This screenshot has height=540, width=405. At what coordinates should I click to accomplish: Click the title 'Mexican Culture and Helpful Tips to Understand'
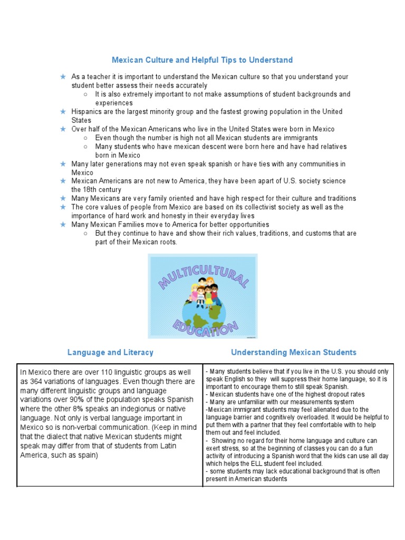(202, 60)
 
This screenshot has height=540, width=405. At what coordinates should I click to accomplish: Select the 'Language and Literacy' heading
(110, 352)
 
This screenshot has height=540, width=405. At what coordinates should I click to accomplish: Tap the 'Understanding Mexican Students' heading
(293, 352)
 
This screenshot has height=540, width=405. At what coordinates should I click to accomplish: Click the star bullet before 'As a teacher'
(63, 77)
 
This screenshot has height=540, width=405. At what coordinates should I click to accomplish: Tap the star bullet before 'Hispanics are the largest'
(63, 112)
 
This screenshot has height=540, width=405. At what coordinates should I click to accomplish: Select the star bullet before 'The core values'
(63, 207)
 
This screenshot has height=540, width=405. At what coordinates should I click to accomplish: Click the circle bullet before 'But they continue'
(86, 233)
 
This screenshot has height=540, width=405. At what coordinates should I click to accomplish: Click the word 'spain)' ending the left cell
(86, 455)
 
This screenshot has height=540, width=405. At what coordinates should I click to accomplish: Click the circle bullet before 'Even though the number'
(86, 138)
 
